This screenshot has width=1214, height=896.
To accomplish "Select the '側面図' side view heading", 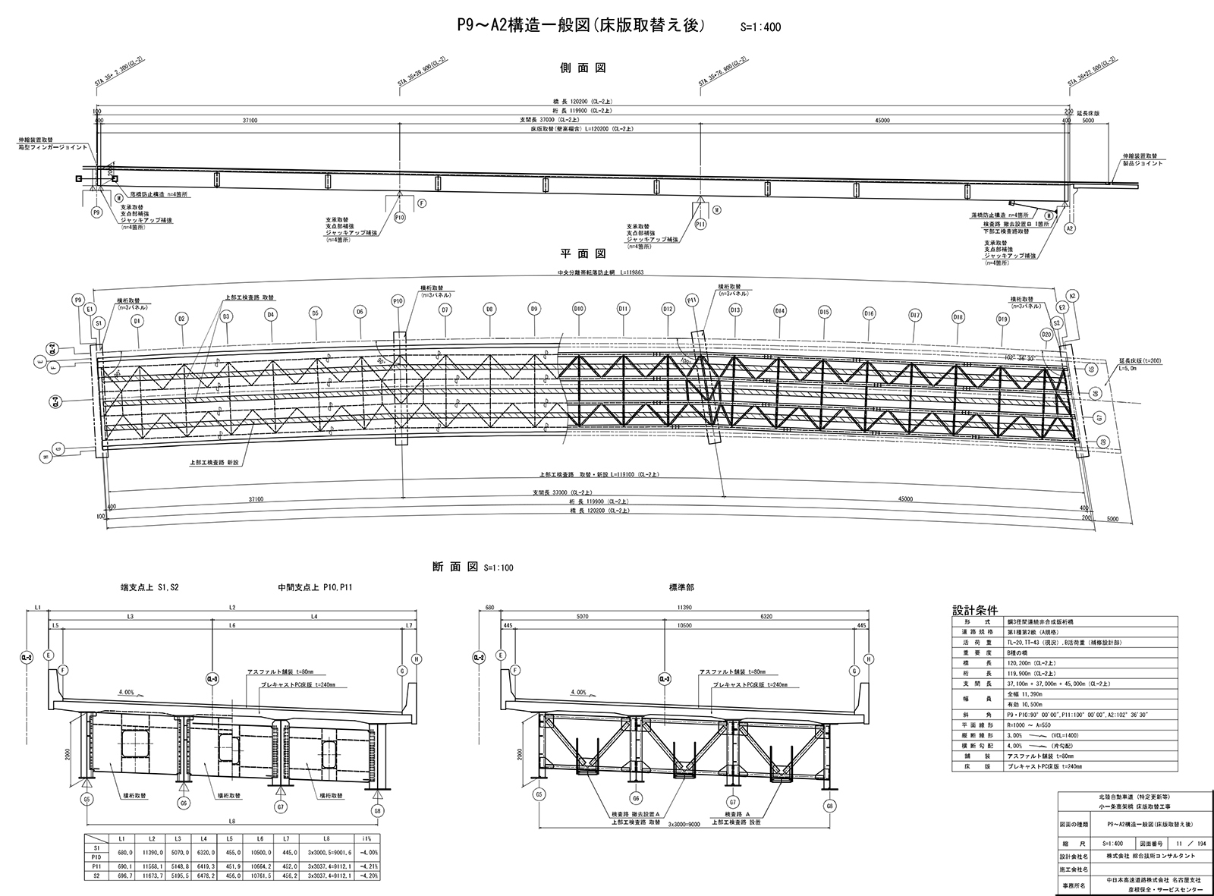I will pos(582,68).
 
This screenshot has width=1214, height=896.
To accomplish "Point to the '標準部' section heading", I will pos(681,587).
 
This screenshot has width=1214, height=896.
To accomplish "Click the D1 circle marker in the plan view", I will pos(137,321).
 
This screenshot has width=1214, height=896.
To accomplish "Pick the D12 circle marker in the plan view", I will pos(668,310).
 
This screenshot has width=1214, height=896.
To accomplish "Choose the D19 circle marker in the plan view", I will pos(1003,319).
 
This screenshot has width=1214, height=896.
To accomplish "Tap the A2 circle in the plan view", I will pos(1072,296).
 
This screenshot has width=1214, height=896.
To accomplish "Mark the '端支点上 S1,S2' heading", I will pos(151,587).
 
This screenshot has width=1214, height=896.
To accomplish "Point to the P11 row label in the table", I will pos(96,866).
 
